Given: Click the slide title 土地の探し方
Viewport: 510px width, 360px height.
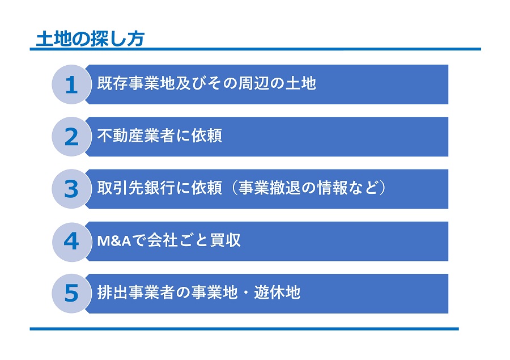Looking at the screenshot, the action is coord(90,39).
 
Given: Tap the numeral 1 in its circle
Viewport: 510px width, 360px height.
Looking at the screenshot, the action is coord(71,85).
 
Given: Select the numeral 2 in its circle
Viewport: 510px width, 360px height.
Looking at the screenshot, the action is coord(71,137).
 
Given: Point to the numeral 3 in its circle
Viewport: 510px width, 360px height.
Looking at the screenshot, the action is coord(71,189).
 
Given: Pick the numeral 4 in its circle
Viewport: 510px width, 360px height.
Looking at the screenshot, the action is coord(71,242).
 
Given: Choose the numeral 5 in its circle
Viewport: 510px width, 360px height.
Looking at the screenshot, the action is coord(71,293).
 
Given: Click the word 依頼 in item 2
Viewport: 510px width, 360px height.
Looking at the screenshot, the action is coord(206,135).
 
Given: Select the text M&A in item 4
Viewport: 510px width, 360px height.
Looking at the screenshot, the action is coord(114,241).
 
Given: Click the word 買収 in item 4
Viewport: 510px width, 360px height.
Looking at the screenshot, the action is coord(226,240).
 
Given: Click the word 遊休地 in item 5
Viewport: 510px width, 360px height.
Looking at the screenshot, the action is coord(277,293).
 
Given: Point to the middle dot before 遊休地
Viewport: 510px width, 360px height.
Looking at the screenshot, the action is coord(246,293).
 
